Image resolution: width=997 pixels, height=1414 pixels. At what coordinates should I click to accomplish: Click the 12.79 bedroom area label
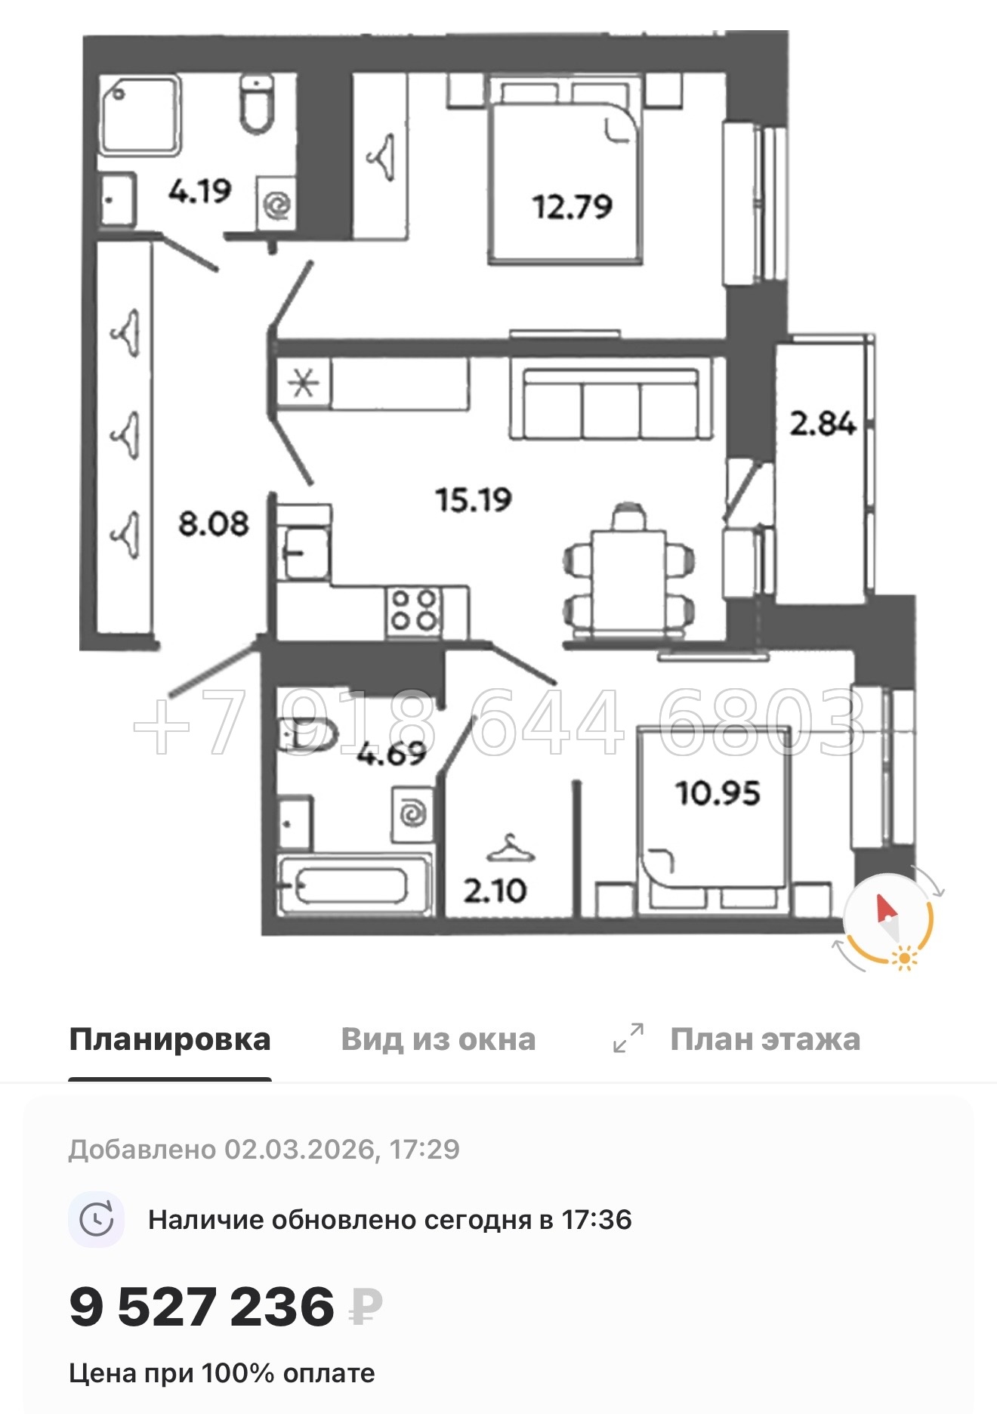point(572,206)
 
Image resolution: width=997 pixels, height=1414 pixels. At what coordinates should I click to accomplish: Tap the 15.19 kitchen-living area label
point(474,499)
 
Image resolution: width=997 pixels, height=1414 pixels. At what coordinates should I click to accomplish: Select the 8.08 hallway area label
point(213,523)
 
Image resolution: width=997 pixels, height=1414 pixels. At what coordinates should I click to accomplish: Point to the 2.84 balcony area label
point(823,423)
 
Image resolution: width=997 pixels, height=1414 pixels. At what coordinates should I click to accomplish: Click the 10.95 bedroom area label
point(718,793)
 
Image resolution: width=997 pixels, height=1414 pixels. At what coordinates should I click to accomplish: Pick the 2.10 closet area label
point(495,891)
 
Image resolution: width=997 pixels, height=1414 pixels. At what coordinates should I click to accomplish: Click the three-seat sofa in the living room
point(611,403)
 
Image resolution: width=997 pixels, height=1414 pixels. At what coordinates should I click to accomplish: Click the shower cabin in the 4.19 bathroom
point(140,116)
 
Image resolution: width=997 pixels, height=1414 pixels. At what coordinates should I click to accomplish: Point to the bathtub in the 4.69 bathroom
point(353,885)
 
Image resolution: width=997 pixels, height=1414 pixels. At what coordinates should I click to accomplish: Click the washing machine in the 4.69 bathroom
point(412,814)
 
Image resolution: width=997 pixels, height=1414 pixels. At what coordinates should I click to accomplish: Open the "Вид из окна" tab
point(438,1040)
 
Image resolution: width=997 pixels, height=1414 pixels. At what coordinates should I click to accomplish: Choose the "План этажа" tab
point(764,1040)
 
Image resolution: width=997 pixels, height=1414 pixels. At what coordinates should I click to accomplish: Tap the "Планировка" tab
point(169,1040)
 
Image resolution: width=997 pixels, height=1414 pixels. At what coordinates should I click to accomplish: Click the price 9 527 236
point(202,1307)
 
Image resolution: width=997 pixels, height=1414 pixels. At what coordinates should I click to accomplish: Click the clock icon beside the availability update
point(97,1220)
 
